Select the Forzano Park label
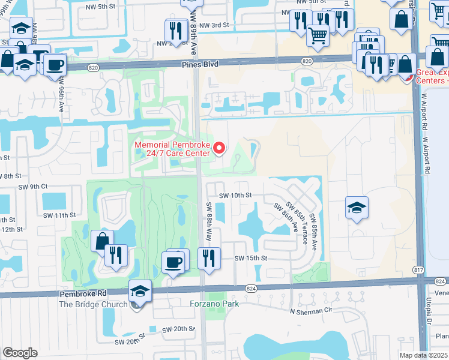point(215,304)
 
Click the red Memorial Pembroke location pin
point(220,148)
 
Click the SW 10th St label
point(235,196)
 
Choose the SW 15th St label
point(250,258)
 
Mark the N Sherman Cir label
point(311,311)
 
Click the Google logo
point(20,353)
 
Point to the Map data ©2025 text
point(423,355)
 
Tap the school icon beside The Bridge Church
point(139,291)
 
